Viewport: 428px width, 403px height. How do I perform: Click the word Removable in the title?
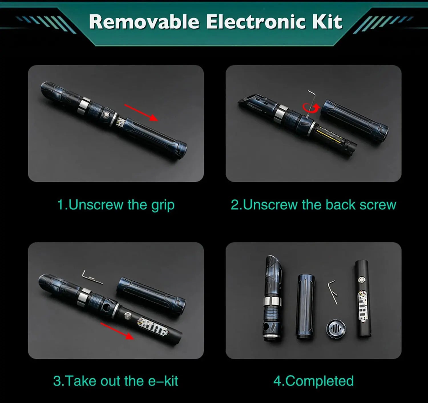144,22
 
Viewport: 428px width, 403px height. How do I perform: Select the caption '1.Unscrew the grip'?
116,205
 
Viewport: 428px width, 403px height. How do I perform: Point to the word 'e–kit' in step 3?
163,381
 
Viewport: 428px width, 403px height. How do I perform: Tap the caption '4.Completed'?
314,381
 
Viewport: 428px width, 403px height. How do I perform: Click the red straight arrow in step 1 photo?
141,113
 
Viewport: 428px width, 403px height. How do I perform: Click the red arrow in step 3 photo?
118,331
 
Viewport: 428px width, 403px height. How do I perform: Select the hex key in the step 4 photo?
333,292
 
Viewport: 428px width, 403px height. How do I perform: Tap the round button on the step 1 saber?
106,114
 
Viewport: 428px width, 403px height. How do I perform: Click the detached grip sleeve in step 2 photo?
355,121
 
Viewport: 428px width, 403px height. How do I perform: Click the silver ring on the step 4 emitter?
272,301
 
